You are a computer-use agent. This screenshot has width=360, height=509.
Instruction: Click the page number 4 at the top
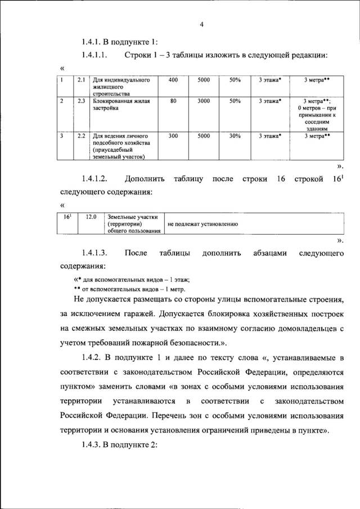(x=201, y=24)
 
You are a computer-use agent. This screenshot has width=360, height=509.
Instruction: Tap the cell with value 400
(x=173, y=80)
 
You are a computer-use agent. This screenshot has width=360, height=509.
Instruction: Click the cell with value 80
(x=173, y=101)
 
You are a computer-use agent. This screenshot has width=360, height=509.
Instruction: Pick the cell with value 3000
(x=204, y=101)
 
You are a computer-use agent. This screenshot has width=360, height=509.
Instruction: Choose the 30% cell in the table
(x=235, y=136)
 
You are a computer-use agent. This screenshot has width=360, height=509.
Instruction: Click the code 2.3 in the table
(x=81, y=101)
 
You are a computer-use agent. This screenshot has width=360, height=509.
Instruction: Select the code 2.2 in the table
(x=81, y=136)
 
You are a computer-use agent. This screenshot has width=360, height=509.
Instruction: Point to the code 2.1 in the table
(x=81, y=80)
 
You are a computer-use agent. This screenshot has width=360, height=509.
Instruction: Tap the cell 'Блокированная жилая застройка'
(x=119, y=105)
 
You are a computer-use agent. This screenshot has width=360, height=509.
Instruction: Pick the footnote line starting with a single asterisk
(x=133, y=279)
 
